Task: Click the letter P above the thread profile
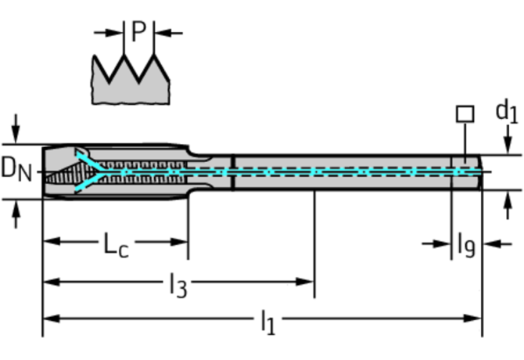click(138, 32)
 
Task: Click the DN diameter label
click(16, 169)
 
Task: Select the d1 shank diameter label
click(506, 110)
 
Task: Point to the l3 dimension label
click(178, 286)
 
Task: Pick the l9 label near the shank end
click(465, 246)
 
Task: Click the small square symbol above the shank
click(465, 113)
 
